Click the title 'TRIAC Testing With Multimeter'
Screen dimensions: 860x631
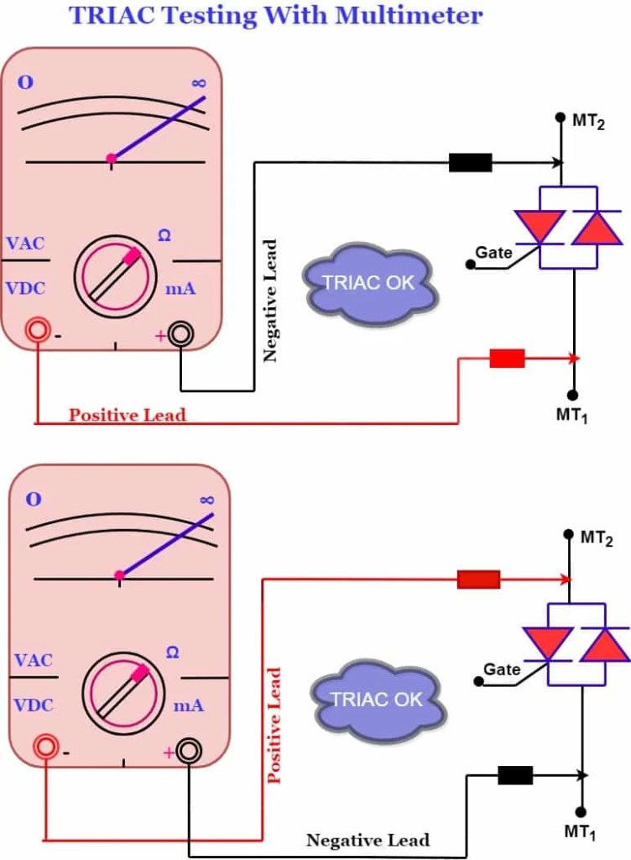click(276, 14)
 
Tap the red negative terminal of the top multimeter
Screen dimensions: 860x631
click(38, 330)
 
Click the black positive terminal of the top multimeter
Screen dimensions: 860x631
click(180, 334)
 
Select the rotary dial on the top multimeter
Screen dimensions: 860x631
click(115, 275)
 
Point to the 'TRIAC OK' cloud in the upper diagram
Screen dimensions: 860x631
click(370, 283)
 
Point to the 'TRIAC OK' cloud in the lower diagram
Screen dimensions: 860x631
click(376, 699)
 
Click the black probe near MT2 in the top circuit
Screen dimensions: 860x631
click(470, 163)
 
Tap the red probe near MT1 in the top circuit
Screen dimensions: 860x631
click(507, 359)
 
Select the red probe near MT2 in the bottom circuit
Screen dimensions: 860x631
click(478, 579)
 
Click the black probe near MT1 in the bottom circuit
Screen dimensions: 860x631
click(515, 775)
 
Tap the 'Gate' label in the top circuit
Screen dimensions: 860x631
click(493, 252)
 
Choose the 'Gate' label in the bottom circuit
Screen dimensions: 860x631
click(502, 669)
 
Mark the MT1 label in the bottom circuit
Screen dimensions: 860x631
click(580, 833)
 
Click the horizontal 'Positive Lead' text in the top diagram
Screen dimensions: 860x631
click(127, 415)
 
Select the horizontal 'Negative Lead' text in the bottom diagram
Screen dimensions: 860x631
click(368, 840)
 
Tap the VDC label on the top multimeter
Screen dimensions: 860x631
click(25, 288)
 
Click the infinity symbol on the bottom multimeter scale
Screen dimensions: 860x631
click(207, 500)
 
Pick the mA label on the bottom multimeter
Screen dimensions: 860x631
click(188, 705)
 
